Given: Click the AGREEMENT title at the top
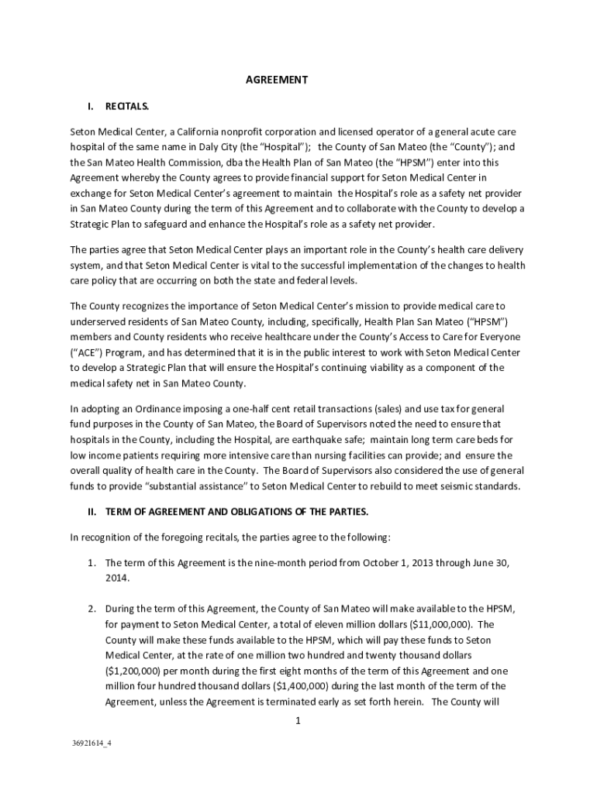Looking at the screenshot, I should [277, 80].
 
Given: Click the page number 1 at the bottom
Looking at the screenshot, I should [297, 722].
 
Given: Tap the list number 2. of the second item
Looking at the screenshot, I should [91, 609].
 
